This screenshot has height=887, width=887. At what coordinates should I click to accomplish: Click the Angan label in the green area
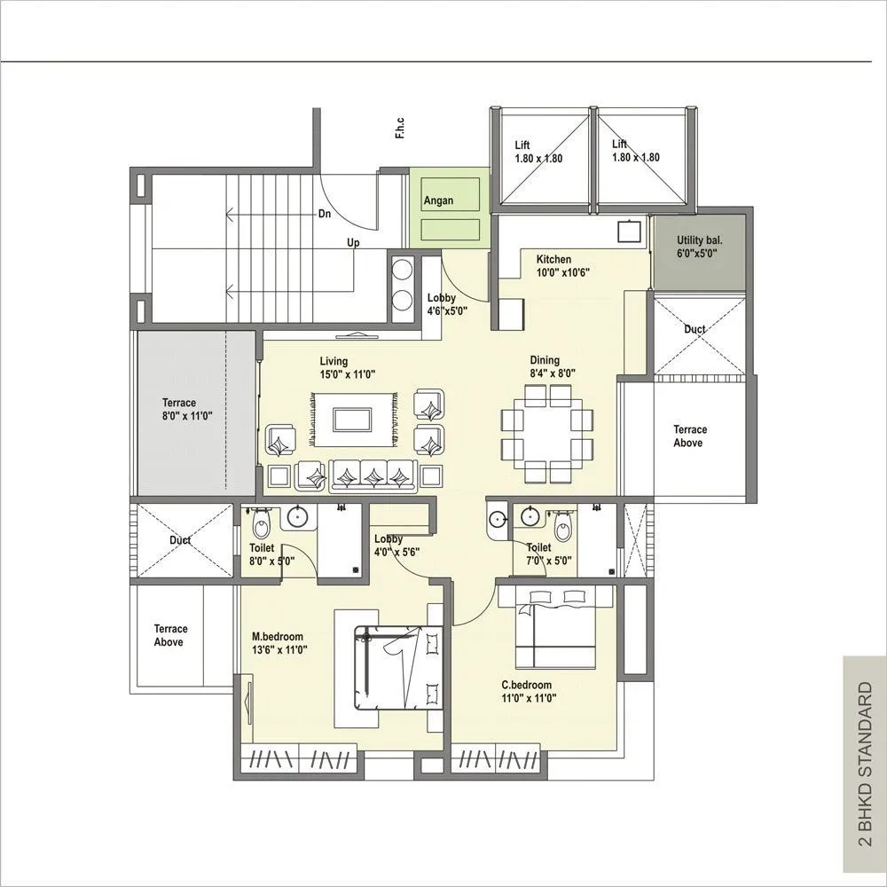(438, 200)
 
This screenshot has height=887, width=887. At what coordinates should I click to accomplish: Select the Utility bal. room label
(696, 247)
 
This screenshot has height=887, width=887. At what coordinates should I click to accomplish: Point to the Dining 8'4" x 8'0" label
(552, 366)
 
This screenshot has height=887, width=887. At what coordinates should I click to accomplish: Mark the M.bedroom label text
(279, 643)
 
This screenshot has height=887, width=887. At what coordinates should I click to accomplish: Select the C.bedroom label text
(528, 691)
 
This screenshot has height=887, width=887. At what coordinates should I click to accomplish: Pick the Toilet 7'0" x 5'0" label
(548, 554)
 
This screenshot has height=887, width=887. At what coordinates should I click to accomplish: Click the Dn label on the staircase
(326, 214)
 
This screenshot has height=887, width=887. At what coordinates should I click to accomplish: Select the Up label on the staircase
(353, 242)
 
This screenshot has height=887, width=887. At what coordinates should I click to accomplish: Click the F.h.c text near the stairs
(401, 129)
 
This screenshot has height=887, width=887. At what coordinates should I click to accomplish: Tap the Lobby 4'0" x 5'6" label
(396, 545)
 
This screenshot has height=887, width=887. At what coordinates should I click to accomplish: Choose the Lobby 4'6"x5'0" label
(447, 304)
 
